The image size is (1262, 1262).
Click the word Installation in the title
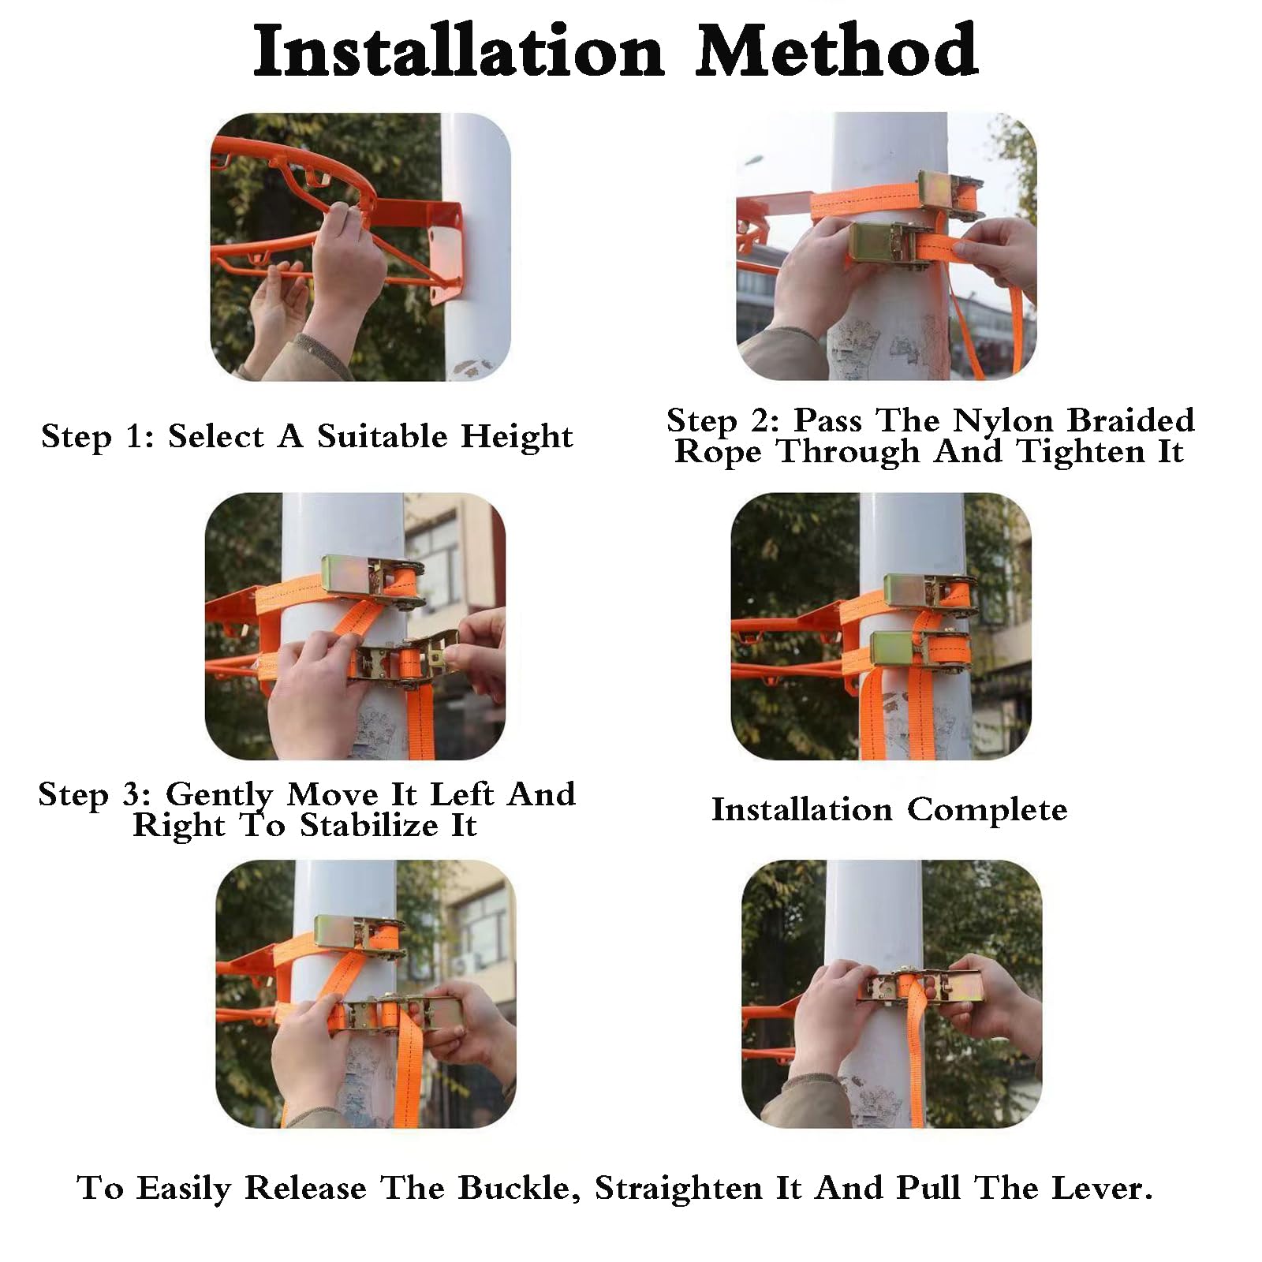coord(459,51)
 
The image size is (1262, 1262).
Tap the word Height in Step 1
coord(517,436)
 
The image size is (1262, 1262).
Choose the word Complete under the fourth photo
coord(987,810)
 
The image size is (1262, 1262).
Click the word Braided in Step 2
coord(1131,420)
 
